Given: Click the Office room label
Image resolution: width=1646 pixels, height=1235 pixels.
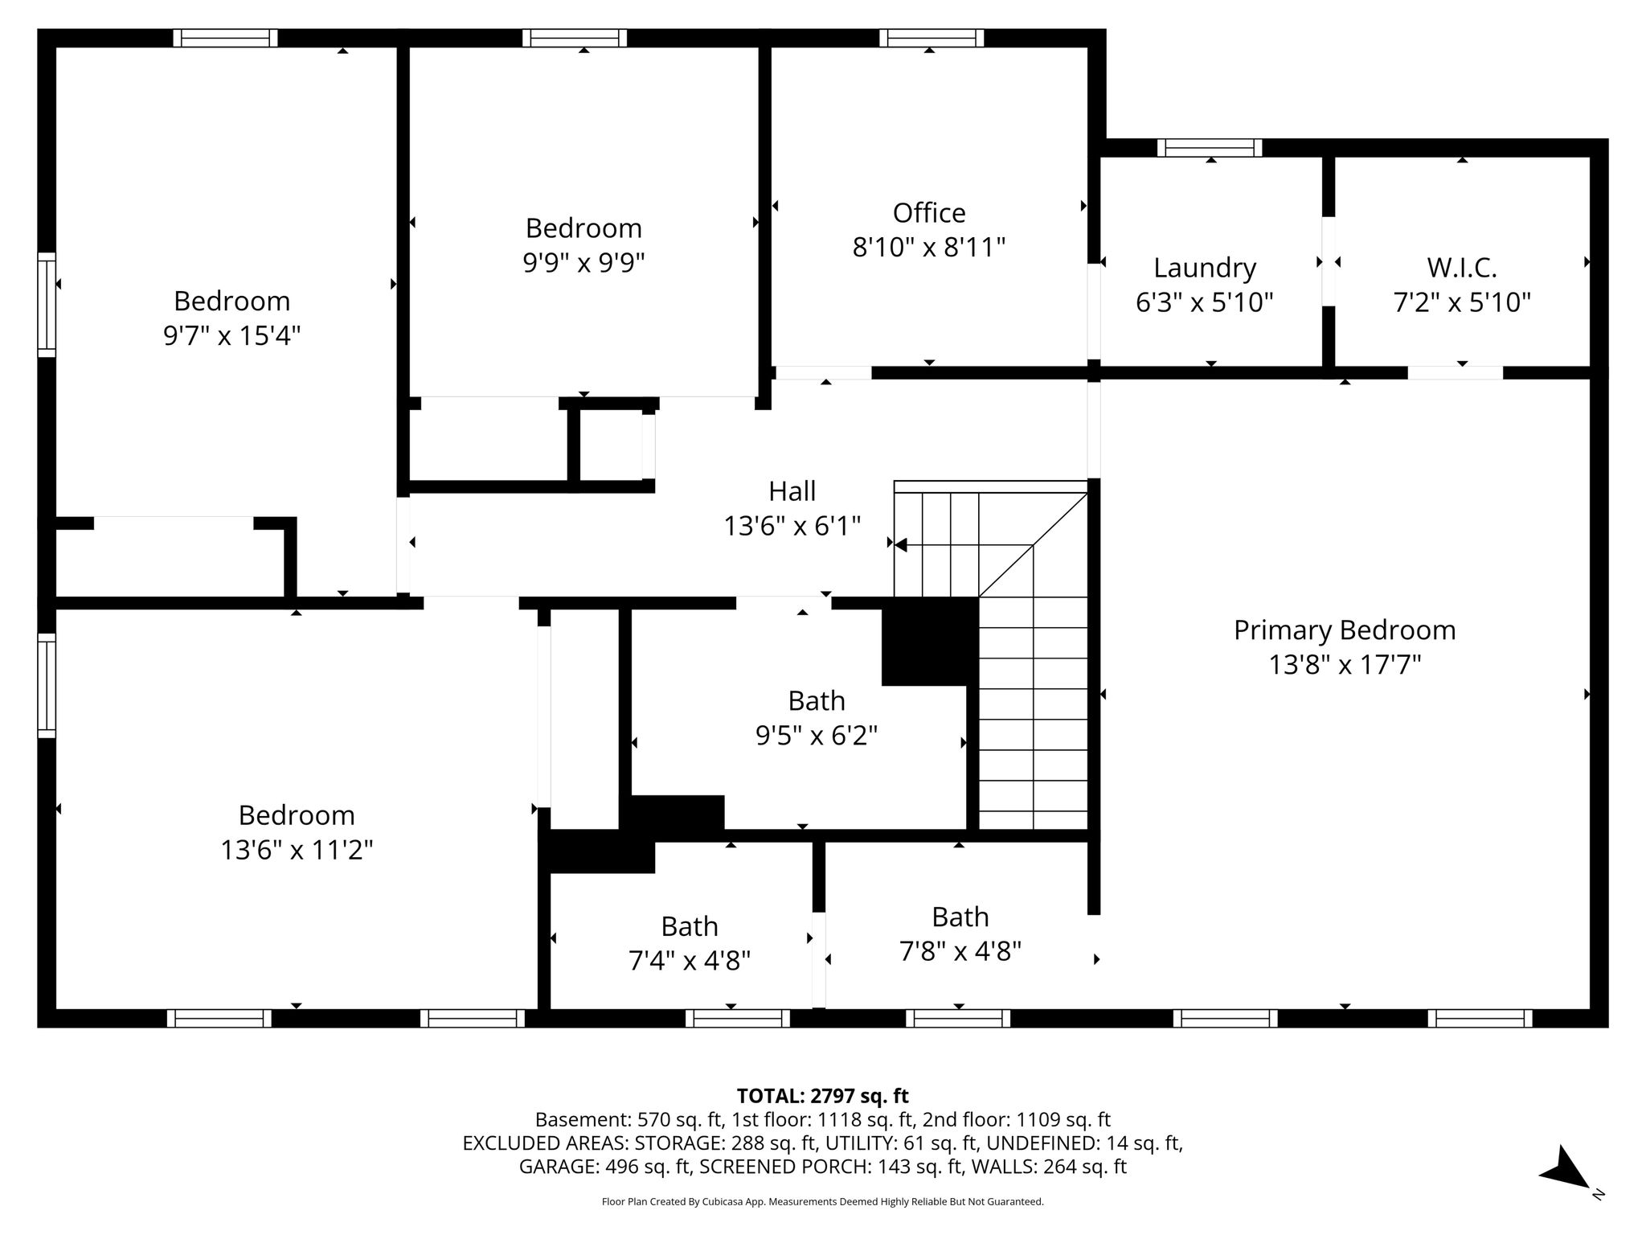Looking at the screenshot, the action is [929, 213].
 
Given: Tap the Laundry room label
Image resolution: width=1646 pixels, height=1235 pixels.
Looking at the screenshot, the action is [1205, 269].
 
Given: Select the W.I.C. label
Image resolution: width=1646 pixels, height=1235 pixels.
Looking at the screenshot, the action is [1462, 268].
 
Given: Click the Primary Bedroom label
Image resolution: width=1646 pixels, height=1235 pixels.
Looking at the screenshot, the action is [1345, 630].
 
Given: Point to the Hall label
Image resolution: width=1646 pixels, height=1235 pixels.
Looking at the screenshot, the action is [792, 491].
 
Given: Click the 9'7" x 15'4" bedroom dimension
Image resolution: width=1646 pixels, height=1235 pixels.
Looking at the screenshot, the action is [232, 335].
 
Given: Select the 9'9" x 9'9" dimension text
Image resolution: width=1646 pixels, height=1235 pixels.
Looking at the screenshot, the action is [584, 262].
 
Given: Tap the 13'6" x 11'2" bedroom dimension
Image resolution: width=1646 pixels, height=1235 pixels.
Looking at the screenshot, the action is [297, 850].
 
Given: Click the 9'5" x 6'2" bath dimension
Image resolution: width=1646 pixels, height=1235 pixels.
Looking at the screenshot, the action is [817, 735].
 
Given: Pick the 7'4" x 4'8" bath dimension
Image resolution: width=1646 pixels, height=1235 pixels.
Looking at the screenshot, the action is [690, 960].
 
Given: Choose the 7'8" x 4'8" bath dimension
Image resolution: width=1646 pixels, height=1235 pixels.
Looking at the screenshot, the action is [960, 951].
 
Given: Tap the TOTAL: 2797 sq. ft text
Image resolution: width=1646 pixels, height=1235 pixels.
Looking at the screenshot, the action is [823, 1096].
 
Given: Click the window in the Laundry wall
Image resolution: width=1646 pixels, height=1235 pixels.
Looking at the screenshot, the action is [1210, 148].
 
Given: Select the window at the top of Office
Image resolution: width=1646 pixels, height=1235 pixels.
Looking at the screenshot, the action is [932, 38].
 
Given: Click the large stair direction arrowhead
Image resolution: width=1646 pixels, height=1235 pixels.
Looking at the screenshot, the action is [901, 545].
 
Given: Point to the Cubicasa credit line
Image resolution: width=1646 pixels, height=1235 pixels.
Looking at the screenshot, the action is [823, 1202].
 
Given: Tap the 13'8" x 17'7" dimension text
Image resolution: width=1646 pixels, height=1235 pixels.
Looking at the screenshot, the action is [1345, 666].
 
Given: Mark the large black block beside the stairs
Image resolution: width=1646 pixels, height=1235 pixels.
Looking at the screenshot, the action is [930, 641].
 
